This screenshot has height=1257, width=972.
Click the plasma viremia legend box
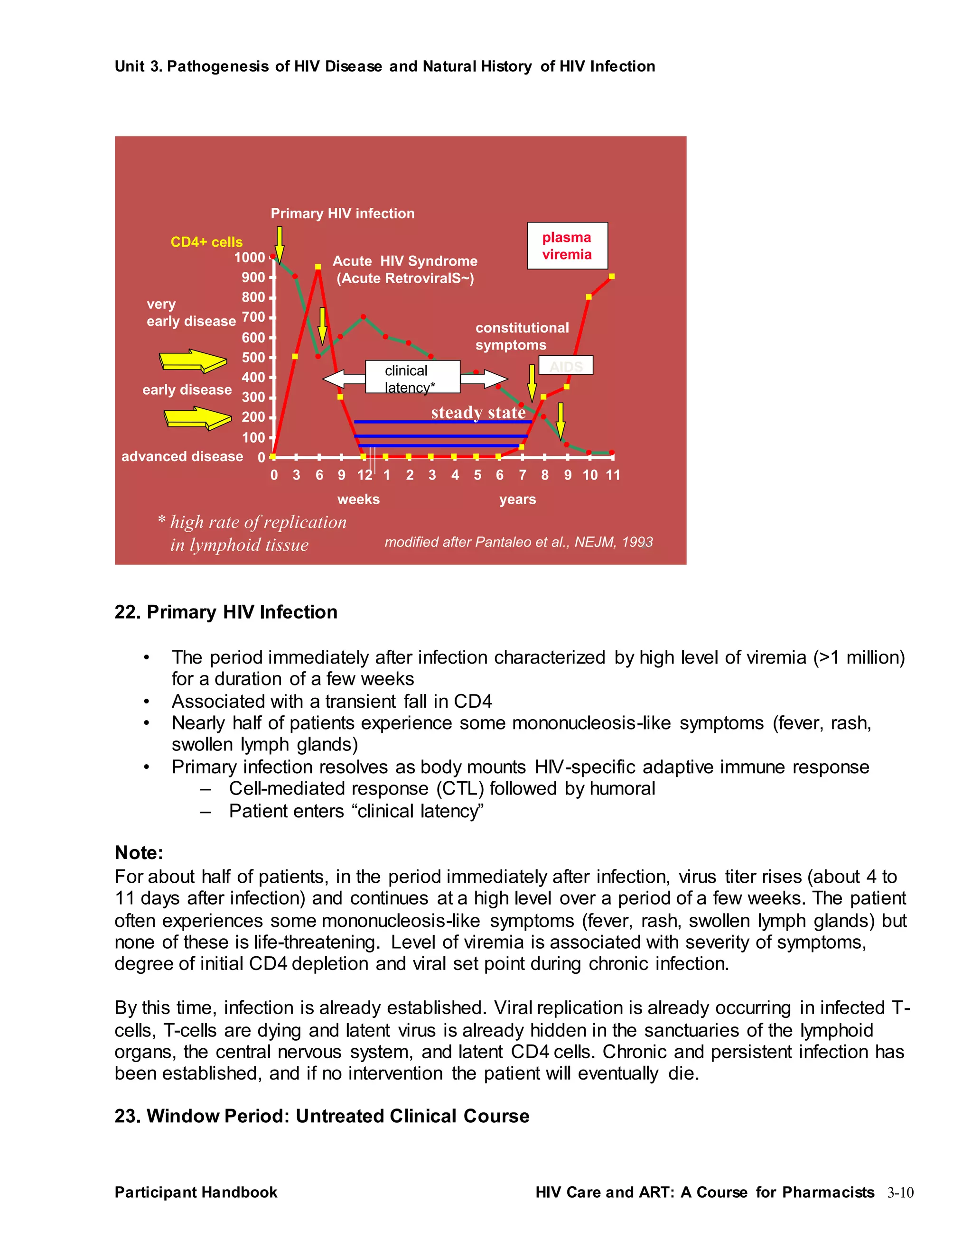pos(567,246)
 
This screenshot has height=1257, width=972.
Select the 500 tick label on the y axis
pos(253,358)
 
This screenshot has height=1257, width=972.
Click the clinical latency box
pos(412,377)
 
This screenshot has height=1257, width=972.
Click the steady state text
pos(478,412)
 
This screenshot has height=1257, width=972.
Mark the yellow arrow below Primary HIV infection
pos(279,244)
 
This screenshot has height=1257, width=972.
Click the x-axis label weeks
pos(358,499)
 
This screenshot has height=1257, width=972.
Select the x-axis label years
pos(517,499)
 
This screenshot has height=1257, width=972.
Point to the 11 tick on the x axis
pos(613,475)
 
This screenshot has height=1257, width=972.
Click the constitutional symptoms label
pos(521,336)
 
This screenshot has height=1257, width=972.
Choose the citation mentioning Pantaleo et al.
pos(518,542)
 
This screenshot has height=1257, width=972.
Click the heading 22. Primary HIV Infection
pos(226,611)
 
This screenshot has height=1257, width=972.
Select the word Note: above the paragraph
pos(139,852)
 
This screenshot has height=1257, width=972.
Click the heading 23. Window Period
pos(321,1116)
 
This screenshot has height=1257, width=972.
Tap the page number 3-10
pos(900,1192)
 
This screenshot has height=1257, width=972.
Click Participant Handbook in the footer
pos(196,1192)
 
